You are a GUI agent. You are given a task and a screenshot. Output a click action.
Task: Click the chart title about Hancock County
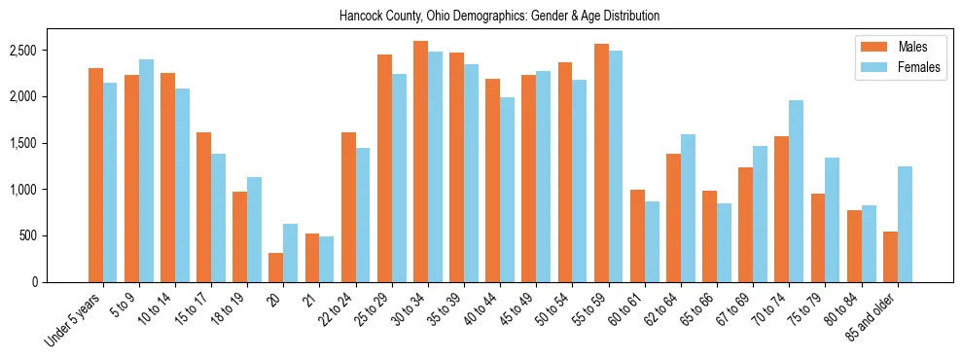pyautogui.click(x=499, y=17)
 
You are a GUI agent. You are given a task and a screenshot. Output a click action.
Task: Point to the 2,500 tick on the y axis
pyautogui.click(x=38, y=51)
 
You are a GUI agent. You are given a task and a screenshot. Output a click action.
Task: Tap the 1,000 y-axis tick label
pyautogui.click(x=38, y=190)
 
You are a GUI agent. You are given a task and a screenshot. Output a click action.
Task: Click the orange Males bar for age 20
pyautogui.click(x=276, y=268)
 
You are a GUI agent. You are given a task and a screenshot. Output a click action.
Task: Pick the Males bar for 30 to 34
pyautogui.click(x=420, y=162)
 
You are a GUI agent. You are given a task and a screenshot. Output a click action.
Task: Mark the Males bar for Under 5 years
pyautogui.click(x=95, y=175)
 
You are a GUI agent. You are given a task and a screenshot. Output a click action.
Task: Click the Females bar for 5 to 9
pyautogui.click(x=146, y=170)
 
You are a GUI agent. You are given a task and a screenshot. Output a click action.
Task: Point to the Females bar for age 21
pyautogui.click(x=327, y=259)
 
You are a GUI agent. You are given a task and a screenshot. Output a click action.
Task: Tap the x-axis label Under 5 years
pyautogui.click(x=73, y=324)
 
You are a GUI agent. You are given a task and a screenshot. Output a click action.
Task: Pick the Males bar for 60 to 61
pyautogui.click(x=637, y=235)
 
